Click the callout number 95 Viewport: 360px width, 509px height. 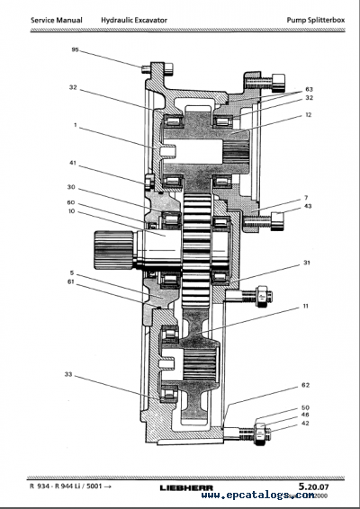[75, 49]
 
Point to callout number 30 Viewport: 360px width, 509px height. [70, 187]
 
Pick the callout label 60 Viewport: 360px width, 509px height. [70, 203]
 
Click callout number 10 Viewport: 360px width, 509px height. [70, 212]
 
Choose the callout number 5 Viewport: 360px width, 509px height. [70, 272]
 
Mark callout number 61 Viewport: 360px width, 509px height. [70, 281]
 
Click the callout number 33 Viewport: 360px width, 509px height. [70, 374]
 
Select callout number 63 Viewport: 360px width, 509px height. [309, 89]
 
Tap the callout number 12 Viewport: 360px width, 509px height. [307, 114]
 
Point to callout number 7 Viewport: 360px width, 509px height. [306, 196]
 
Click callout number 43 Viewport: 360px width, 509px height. [307, 206]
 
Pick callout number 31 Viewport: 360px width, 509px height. [306, 263]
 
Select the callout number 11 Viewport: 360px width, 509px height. [305, 306]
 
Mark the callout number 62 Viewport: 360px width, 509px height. [306, 385]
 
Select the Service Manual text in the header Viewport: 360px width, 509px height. [56, 19]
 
